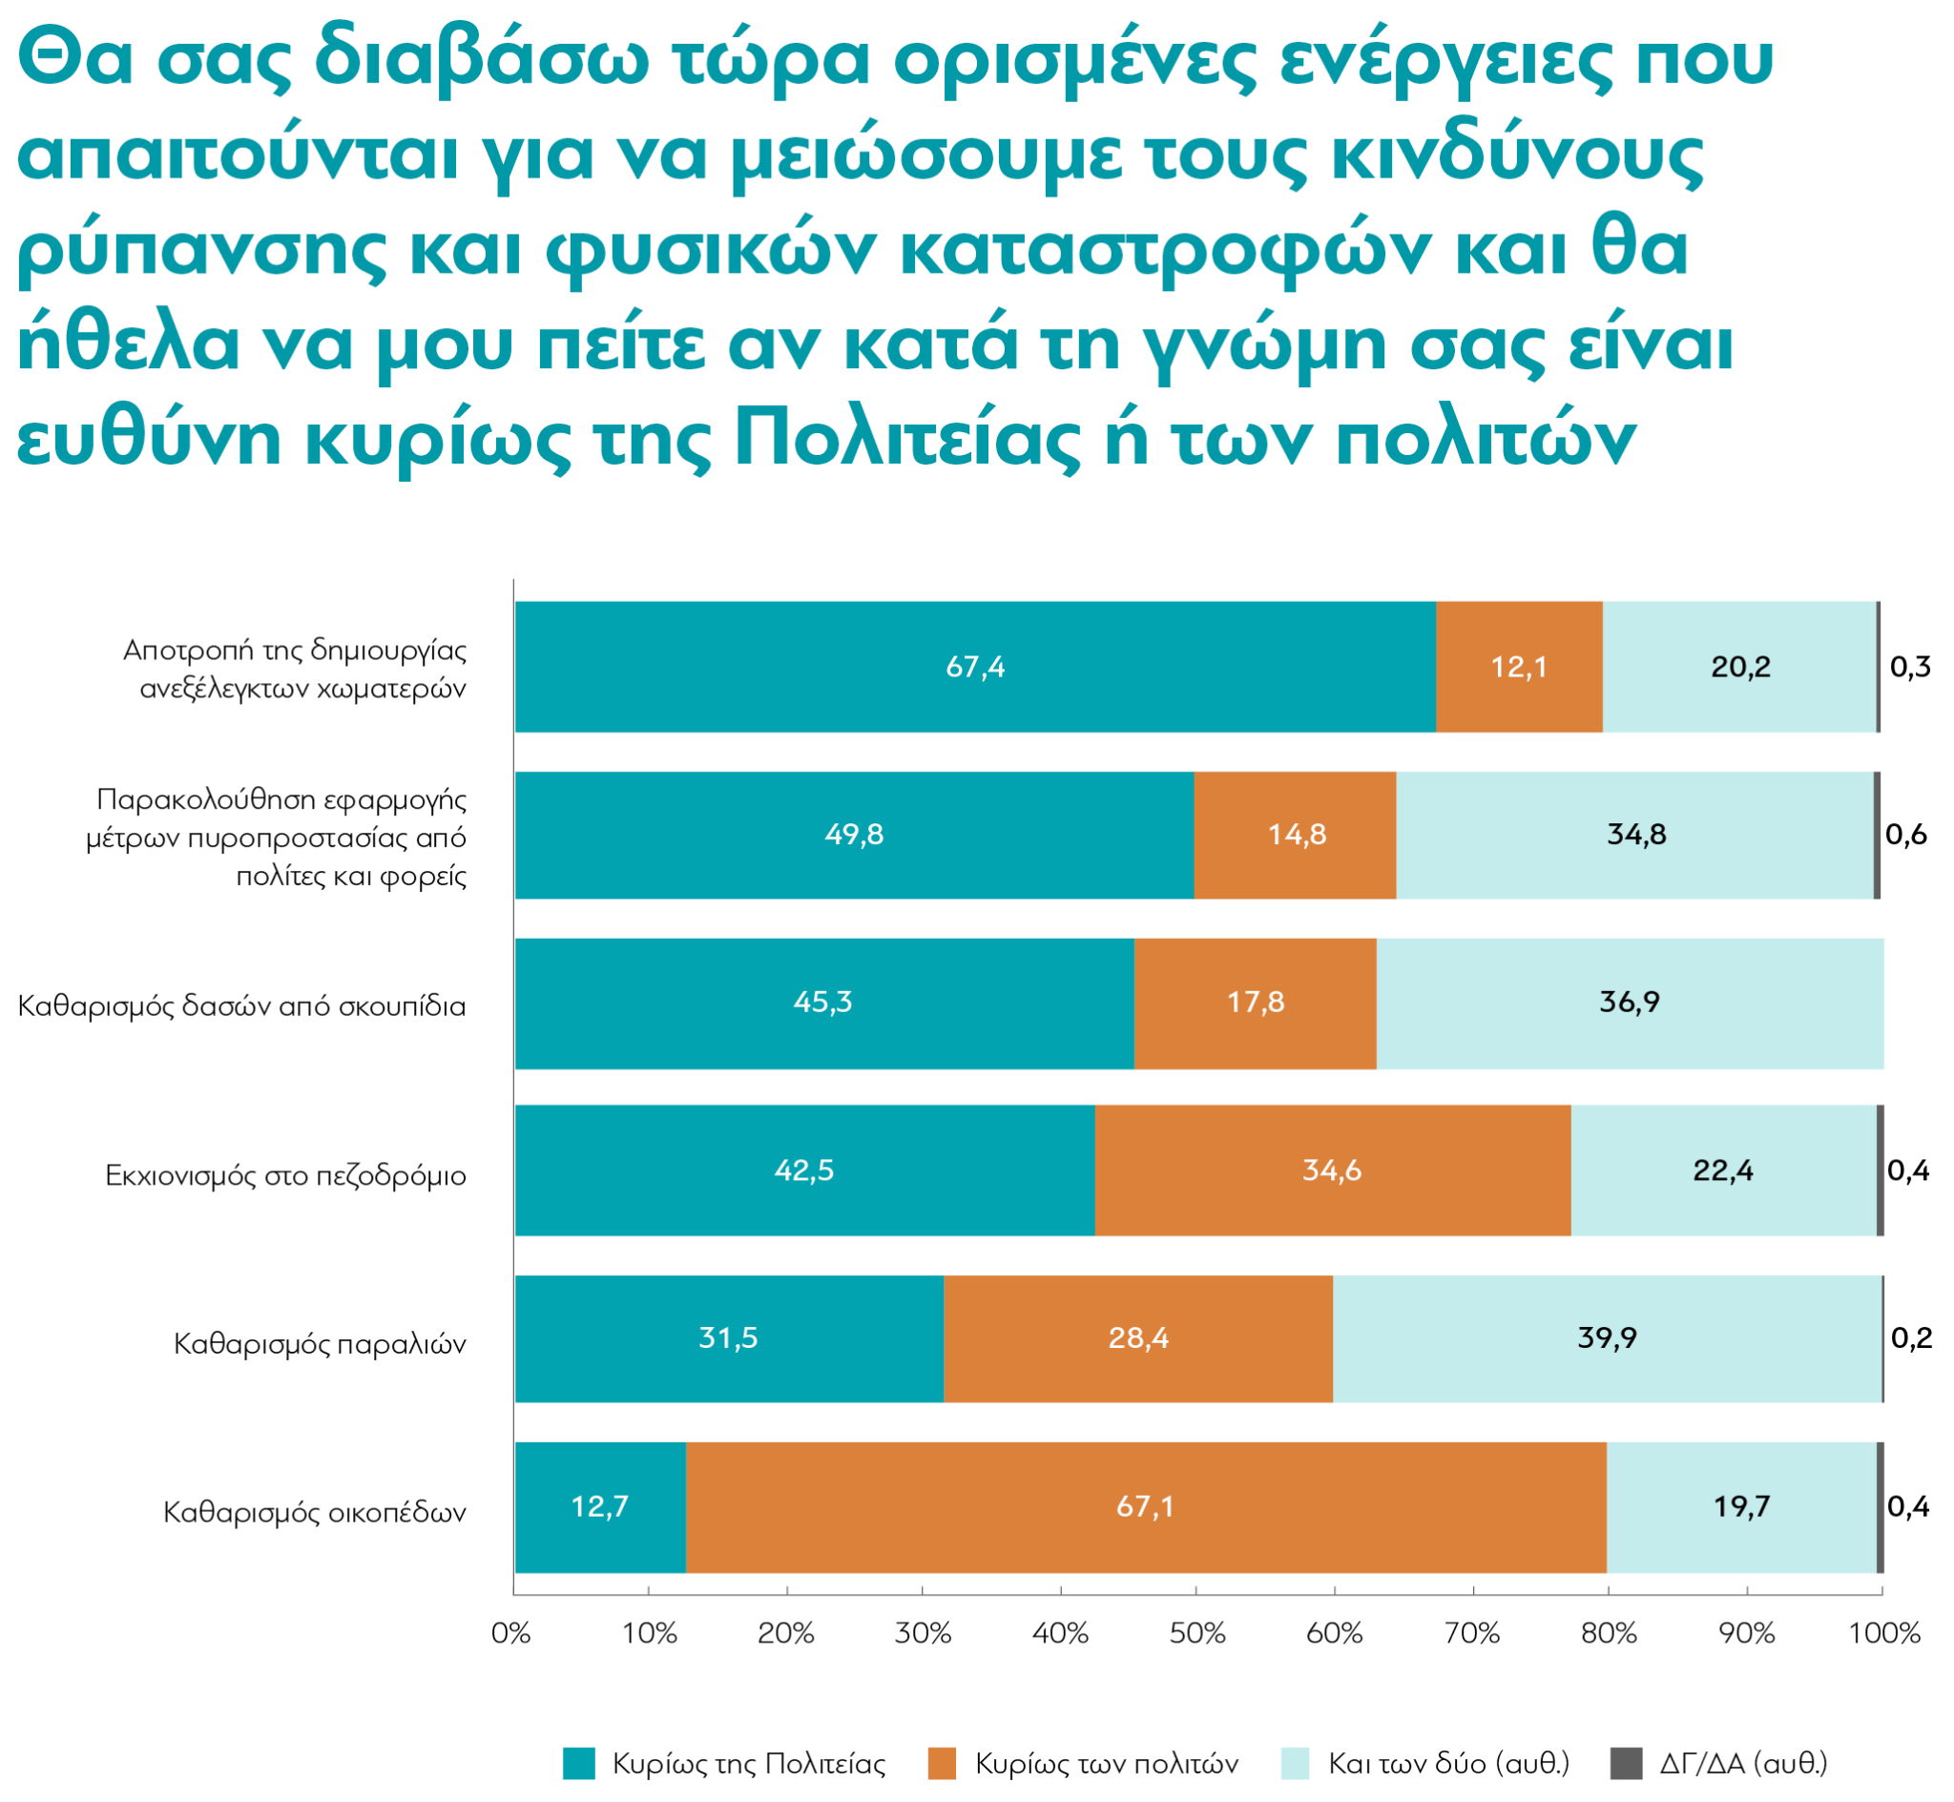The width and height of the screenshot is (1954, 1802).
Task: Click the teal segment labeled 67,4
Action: point(975,667)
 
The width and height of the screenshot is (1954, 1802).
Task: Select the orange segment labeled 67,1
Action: point(1146,1507)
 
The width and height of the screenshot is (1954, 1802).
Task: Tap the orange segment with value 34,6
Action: point(1332,1170)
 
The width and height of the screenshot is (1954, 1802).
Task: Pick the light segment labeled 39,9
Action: point(1607,1337)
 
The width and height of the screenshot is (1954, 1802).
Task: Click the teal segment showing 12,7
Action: point(600,1507)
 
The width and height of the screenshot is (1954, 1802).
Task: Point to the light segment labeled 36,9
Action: point(1630,1003)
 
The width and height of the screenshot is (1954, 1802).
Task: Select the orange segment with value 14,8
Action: point(1296,835)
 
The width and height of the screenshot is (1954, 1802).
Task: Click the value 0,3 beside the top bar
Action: point(1910,667)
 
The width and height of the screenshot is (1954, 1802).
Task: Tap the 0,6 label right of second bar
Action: point(1906,835)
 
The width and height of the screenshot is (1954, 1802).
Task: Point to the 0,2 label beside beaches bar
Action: point(1911,1337)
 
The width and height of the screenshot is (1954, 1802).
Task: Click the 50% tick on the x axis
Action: point(1197,1633)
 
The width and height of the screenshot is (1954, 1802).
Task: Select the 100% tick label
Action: point(1883,1633)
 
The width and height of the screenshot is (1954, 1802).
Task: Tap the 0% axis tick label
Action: point(511,1633)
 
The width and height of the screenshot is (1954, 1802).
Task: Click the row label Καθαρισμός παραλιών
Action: point(320,1345)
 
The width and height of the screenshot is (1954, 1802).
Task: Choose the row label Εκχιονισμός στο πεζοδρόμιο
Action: point(285,1176)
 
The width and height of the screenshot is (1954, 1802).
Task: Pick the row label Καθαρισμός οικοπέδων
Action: point(314,1513)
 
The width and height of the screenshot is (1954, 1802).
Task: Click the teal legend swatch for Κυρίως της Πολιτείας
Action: point(579,1764)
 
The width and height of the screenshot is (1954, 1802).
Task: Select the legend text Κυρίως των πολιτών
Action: point(1107,1764)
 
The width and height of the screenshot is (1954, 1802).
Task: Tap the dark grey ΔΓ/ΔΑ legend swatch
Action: point(1626,1764)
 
